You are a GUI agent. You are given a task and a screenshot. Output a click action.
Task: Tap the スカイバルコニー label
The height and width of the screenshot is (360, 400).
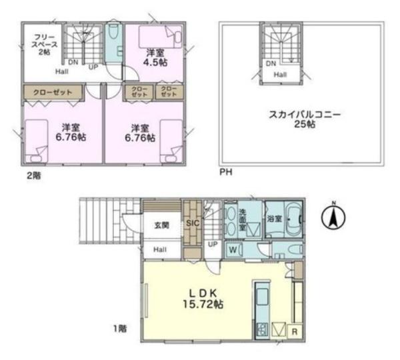pos(295,115)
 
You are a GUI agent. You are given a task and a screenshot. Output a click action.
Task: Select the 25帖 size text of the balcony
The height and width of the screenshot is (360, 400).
pos(295,125)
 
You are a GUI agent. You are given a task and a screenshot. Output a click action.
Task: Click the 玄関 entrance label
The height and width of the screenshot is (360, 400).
pos(161,225)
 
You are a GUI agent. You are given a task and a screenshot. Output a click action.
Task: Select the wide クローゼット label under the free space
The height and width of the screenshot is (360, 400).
pos(53,90)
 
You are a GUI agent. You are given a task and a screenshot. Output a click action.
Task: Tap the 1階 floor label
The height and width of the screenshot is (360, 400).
pos(119,327)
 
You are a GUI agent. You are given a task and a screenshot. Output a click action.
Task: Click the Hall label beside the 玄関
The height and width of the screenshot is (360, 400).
pos(160,249)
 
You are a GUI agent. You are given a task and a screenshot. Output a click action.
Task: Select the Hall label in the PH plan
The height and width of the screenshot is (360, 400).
pos(280,75)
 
